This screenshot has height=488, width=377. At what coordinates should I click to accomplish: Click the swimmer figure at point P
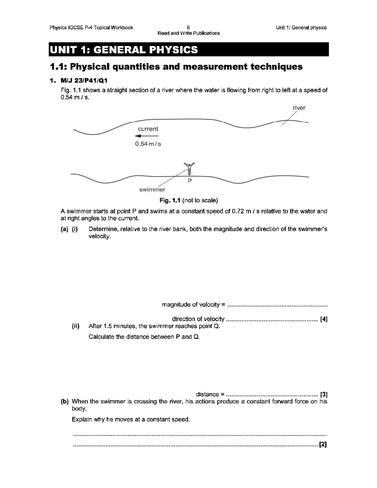pyautogui.click(x=190, y=169)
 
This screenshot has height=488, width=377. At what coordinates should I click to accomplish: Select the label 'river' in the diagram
pyautogui.click(x=299, y=108)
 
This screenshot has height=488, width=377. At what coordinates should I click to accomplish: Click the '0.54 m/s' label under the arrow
pyautogui.click(x=148, y=144)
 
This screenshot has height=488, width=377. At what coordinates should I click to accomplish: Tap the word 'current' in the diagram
pyautogui.click(x=148, y=129)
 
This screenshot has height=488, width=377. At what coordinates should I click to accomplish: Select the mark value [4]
pyautogui.click(x=324, y=319)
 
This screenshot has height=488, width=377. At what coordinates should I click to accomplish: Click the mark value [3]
pyautogui.click(x=324, y=394)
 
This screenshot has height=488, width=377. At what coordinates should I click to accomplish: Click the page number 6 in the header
pyautogui.click(x=188, y=27)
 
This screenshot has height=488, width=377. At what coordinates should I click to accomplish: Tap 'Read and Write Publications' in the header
pyautogui.click(x=188, y=33)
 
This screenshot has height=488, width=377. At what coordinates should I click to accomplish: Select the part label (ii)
pyautogui.click(x=76, y=326)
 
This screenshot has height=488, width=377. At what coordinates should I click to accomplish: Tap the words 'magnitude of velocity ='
pyautogui.click(x=193, y=305)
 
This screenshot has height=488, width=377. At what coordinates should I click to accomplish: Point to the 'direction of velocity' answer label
pyautogui.click(x=198, y=319)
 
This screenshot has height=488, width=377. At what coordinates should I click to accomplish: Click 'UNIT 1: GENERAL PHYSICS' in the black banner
pyautogui.click(x=124, y=50)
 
